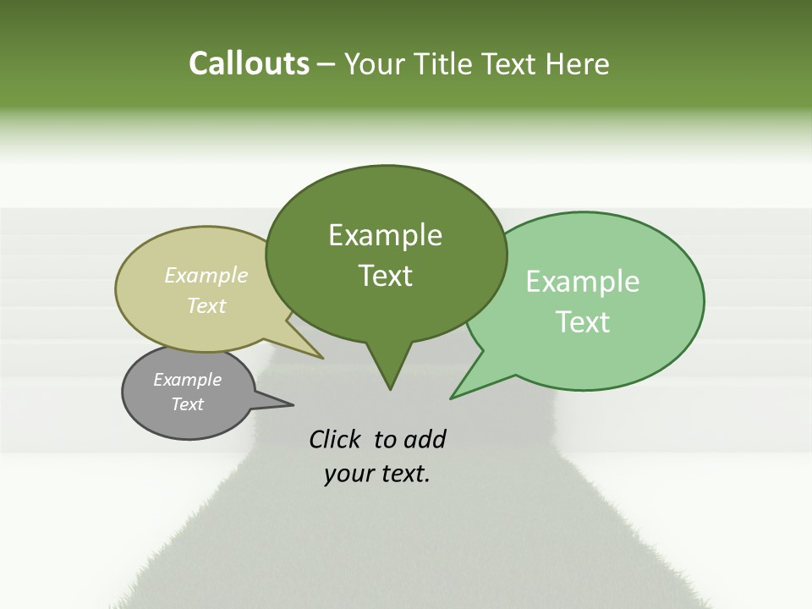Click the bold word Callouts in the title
click(x=249, y=63)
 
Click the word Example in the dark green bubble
click(x=385, y=235)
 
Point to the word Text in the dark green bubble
click(x=385, y=276)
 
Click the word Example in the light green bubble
click(x=583, y=282)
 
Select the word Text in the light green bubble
click(x=583, y=322)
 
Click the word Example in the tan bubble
click(x=206, y=275)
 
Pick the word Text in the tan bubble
click(x=206, y=305)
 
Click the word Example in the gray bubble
click(x=187, y=380)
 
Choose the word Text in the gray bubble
click(x=188, y=404)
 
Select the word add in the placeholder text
click(x=425, y=439)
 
